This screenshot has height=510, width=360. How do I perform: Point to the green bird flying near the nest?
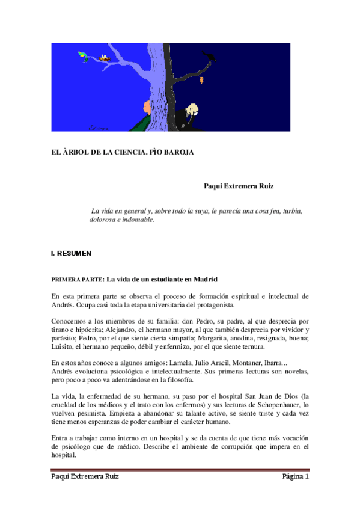point(83,55)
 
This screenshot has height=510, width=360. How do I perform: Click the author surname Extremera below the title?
point(241,186)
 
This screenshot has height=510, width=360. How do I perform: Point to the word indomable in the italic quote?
point(136,220)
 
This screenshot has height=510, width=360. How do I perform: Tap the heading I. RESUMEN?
point(72,254)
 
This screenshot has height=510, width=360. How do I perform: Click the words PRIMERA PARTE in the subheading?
point(76,280)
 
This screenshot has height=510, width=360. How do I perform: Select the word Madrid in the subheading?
point(204,279)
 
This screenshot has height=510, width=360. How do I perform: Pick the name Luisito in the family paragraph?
point(64,346)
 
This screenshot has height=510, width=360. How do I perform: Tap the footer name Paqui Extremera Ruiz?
point(85,476)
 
